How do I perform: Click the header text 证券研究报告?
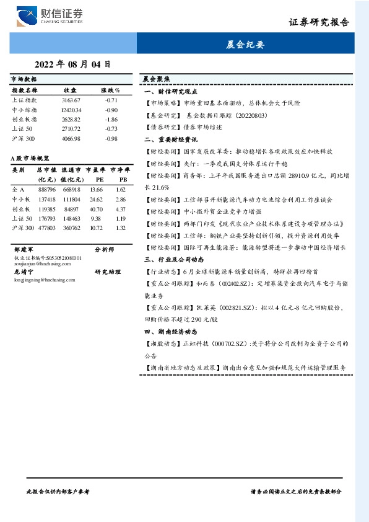[x=319, y=22]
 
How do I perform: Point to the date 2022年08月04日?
[x=72, y=64]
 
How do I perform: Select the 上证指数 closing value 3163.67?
[x=71, y=100]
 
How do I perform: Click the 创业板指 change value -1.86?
[x=111, y=119]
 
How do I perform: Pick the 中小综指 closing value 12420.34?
[x=71, y=110]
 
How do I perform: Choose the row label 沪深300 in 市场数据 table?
[x=24, y=138]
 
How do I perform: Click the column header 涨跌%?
[x=111, y=91]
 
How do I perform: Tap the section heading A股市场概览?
[x=30, y=159]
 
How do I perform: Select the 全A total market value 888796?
[x=48, y=189]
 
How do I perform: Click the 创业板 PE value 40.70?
[x=96, y=209]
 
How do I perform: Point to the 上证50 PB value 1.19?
[x=121, y=218]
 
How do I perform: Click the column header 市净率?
[x=120, y=169]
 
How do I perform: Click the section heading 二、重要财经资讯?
[x=171, y=139]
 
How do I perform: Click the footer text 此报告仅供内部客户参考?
[x=59, y=491]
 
